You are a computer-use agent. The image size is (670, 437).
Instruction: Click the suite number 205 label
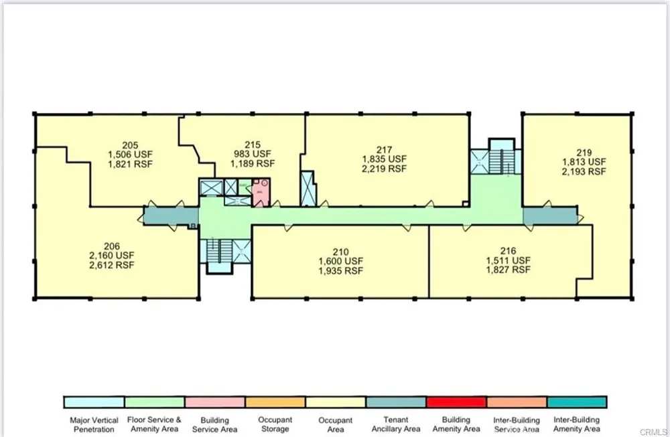(x=130, y=145)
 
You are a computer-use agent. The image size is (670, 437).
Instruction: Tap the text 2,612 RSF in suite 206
(x=111, y=265)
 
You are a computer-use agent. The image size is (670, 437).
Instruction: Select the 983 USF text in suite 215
(x=252, y=154)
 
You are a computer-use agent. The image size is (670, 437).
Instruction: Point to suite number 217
(x=384, y=150)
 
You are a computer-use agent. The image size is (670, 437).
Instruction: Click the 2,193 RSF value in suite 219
(x=584, y=171)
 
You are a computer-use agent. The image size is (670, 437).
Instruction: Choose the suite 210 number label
(x=340, y=252)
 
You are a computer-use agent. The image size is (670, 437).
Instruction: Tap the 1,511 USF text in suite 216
(x=508, y=260)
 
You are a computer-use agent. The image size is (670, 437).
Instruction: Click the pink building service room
(x=261, y=193)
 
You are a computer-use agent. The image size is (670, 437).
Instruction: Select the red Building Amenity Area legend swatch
(x=456, y=402)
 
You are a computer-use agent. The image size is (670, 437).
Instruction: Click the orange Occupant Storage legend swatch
(x=275, y=402)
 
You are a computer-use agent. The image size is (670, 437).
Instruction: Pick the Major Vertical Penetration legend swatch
(x=94, y=402)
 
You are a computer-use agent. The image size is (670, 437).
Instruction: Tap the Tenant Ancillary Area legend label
(x=396, y=425)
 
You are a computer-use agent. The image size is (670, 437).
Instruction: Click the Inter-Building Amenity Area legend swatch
(x=577, y=402)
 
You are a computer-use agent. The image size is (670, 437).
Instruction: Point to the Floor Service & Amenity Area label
(x=154, y=425)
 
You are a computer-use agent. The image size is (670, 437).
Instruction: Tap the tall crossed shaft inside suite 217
(x=308, y=189)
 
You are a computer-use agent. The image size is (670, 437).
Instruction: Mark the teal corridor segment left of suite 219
(x=550, y=215)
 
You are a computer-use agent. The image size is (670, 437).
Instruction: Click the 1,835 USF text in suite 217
(x=384, y=159)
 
